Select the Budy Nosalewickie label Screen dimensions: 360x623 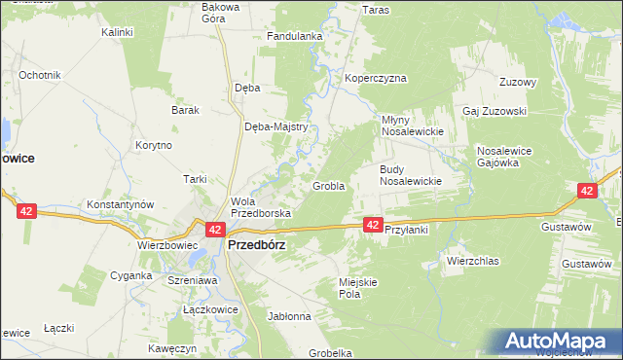[410, 174]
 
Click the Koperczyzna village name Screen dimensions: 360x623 [375, 79]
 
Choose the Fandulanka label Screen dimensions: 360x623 [295, 37]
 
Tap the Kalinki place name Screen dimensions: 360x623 [117, 32]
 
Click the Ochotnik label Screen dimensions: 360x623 [40, 75]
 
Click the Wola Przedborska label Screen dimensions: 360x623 [254, 207]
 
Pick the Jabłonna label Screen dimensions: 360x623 [289, 316]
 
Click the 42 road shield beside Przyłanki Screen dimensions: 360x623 [373, 225]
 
